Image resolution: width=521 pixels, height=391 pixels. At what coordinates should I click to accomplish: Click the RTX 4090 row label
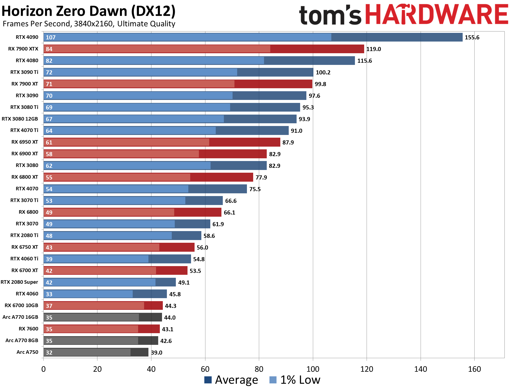(x=27, y=37)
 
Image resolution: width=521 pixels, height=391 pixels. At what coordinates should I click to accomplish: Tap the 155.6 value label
(x=472, y=37)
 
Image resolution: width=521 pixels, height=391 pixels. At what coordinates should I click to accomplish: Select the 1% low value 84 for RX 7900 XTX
(x=49, y=49)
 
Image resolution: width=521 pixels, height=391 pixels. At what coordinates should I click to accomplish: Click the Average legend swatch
(x=208, y=380)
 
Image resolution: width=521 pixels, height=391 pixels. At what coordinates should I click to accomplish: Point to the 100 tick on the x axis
(x=313, y=369)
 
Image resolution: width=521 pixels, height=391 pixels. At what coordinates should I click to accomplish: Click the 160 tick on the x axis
(x=474, y=369)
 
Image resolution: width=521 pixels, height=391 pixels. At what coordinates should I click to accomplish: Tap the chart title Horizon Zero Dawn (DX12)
(x=88, y=11)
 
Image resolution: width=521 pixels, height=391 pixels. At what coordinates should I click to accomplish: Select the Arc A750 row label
(x=27, y=352)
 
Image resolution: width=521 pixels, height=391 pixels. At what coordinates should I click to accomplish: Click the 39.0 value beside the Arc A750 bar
(x=157, y=352)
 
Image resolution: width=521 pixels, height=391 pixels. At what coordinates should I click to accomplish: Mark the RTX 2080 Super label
(x=19, y=282)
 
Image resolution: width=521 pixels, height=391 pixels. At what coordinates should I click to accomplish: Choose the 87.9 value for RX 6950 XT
(x=288, y=143)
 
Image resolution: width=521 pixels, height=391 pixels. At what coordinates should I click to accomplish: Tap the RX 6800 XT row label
(x=25, y=177)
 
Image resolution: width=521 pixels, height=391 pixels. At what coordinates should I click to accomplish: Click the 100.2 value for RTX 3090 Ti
(x=323, y=72)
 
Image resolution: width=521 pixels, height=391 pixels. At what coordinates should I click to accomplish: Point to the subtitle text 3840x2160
(x=93, y=24)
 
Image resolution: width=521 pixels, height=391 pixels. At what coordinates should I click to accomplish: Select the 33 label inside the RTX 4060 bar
(x=49, y=294)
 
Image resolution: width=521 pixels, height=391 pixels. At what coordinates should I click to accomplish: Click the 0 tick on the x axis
(x=43, y=369)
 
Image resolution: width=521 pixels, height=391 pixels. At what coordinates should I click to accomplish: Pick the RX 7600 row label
(x=28, y=329)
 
